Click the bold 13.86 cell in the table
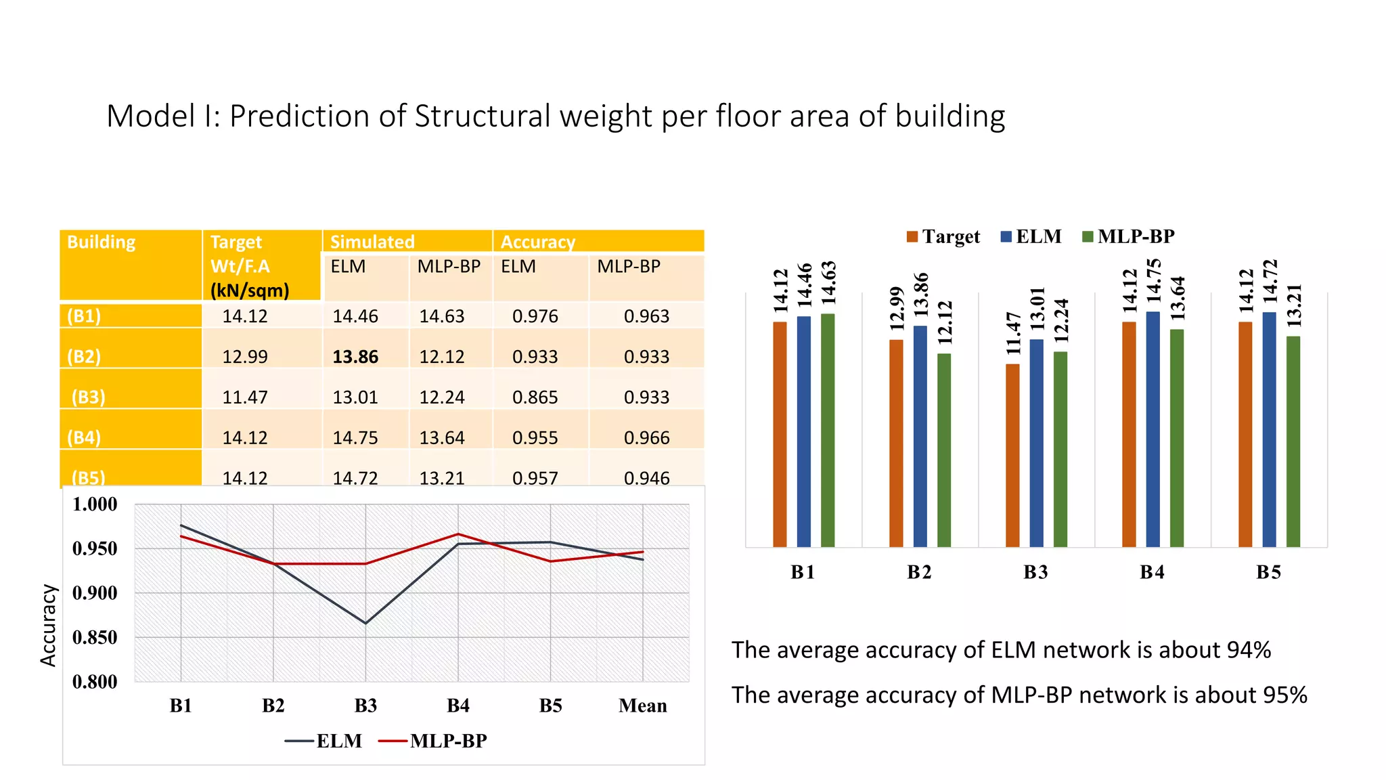[x=355, y=357]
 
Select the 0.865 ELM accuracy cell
[x=535, y=397]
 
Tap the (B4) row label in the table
[x=84, y=437]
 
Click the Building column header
[x=102, y=242]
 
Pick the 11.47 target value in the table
[x=245, y=397]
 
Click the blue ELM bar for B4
[x=1153, y=429]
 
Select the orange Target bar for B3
[x=1012, y=455]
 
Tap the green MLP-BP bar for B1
[x=827, y=430]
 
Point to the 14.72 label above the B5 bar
[x=1270, y=281]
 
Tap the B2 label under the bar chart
[x=919, y=572]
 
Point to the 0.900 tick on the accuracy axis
[x=95, y=593]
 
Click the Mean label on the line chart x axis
[x=642, y=706]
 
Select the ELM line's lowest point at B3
[x=366, y=623]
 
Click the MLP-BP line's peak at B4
[x=458, y=534]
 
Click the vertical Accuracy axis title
[x=48, y=625]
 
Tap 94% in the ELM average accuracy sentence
[x=1249, y=650]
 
